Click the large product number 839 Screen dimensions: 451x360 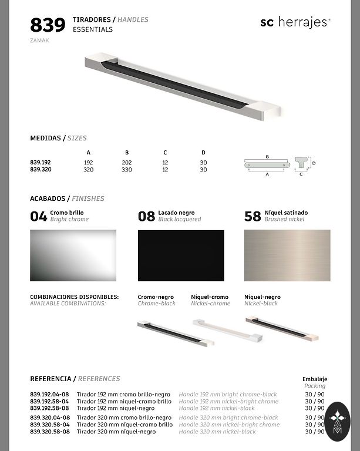[x=48, y=25]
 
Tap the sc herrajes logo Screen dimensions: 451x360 [x=295, y=22]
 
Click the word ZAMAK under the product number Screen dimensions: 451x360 [x=40, y=41]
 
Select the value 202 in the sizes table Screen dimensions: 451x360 [x=126, y=161]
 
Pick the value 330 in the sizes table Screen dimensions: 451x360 [x=126, y=170]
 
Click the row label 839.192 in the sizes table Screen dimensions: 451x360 [x=41, y=161]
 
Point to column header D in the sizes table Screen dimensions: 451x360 [x=203, y=153]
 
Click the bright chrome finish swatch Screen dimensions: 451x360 [x=73, y=255]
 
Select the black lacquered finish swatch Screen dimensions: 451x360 [x=181, y=255]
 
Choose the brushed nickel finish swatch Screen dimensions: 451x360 [x=287, y=255]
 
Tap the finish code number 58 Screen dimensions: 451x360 [x=253, y=217]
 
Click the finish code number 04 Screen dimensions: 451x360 [x=39, y=217]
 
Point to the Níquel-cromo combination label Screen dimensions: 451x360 [x=210, y=297]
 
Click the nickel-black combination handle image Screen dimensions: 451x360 [x=282, y=328]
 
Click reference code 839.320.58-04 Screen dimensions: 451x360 [x=50, y=425]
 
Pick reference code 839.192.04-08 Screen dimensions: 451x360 [x=50, y=395]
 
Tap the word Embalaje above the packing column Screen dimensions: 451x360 [x=315, y=379]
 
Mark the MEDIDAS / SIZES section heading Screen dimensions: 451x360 [x=58, y=139]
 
